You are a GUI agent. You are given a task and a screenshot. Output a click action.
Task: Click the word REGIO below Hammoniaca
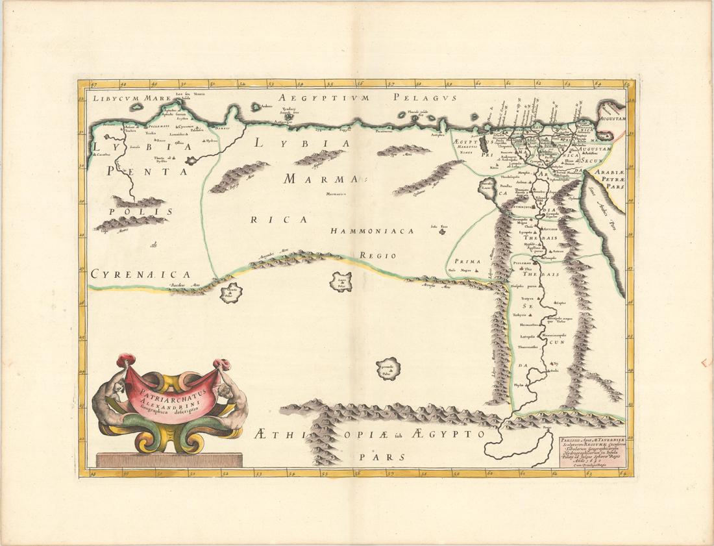point(378,256)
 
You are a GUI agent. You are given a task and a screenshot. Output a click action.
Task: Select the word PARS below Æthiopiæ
point(376,456)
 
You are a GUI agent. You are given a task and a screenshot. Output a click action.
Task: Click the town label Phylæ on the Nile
point(518,385)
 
